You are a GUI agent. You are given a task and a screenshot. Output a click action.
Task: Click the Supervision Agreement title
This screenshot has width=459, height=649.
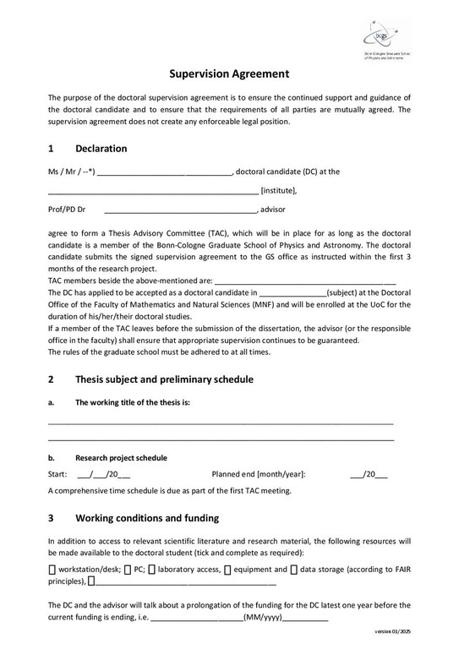click(229, 74)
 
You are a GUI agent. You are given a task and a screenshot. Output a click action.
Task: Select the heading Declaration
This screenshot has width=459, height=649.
click(101, 149)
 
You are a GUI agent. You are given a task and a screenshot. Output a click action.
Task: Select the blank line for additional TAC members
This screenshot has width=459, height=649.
click(305, 281)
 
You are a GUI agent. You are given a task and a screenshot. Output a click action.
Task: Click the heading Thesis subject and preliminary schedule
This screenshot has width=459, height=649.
click(164, 379)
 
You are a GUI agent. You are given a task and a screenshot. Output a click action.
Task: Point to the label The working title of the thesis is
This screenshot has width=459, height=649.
click(133, 402)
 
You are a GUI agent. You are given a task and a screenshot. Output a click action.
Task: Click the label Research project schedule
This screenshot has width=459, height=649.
click(121, 458)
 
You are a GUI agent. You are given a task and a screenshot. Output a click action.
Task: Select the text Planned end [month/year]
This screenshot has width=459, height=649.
click(259, 475)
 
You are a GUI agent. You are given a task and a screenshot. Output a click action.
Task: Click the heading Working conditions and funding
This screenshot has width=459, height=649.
click(147, 518)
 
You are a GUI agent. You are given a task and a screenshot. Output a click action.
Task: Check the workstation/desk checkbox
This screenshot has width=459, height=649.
click(52, 570)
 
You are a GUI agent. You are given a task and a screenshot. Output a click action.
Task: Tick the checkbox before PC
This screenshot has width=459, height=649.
click(128, 570)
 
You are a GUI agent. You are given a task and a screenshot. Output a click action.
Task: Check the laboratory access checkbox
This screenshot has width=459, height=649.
click(151, 570)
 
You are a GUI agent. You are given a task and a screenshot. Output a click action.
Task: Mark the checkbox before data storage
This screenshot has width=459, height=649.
click(294, 570)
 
